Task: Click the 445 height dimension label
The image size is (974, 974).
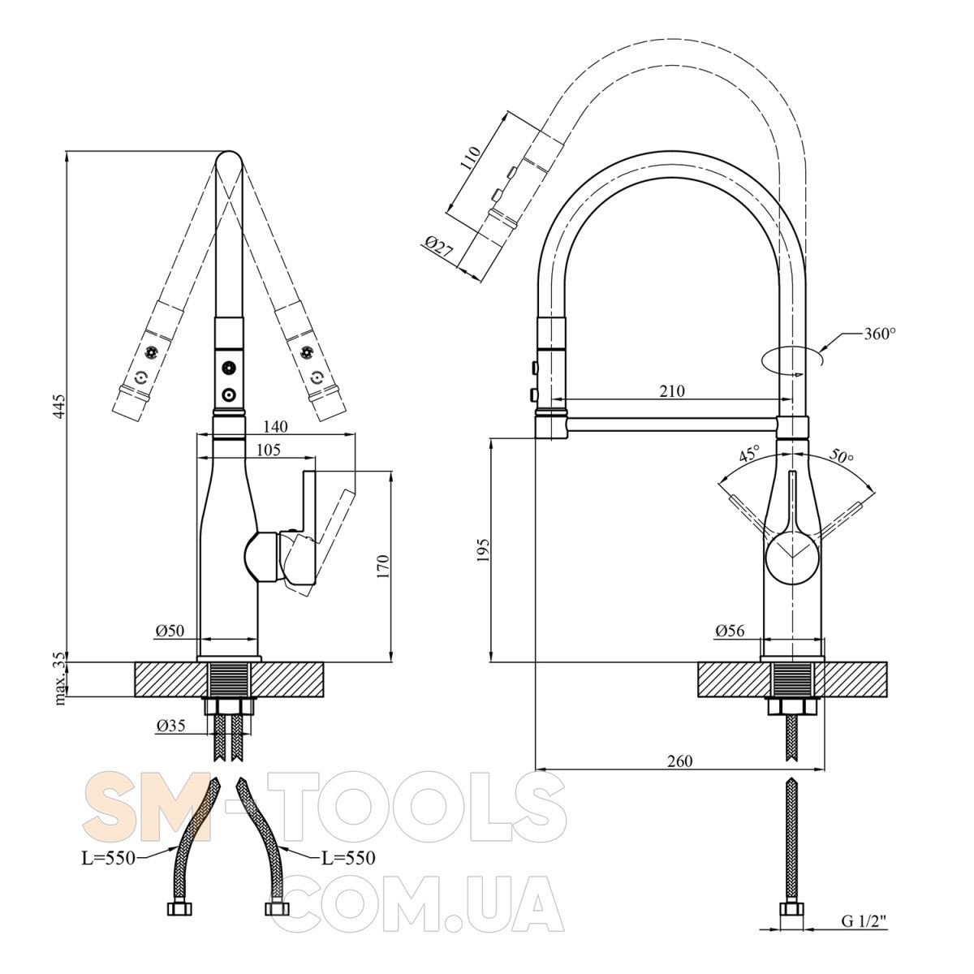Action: (59, 407)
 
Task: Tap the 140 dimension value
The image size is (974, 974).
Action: (275, 427)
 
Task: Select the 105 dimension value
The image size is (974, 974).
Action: (268, 450)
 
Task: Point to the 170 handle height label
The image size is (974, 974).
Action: (382, 566)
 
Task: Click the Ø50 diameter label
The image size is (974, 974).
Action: (170, 631)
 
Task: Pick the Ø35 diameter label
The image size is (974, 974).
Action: (170, 726)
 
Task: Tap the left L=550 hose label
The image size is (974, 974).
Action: (109, 858)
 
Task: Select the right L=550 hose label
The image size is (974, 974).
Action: (349, 858)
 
